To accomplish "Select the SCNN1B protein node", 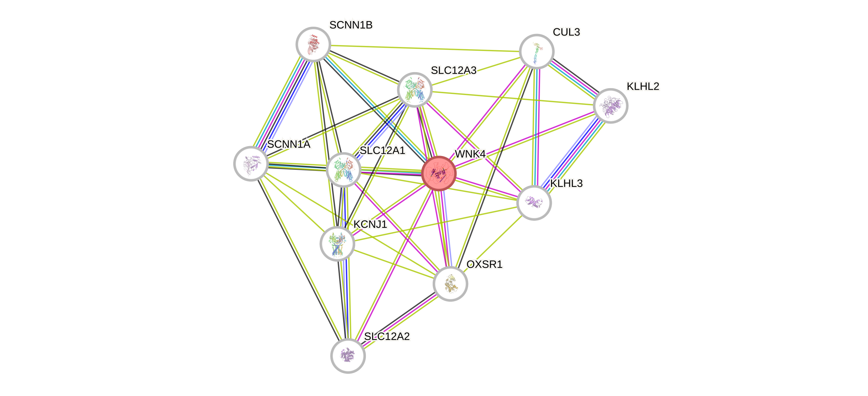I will pos(313,44).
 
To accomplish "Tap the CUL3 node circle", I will pos(537,51).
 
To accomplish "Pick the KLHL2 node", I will pos(610,106).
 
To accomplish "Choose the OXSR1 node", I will pos(450,284).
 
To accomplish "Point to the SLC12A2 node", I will pos(348,356).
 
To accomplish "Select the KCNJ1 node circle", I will pos(337,244).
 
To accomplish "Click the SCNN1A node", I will pos(251,163).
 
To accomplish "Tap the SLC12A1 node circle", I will pos(343,170).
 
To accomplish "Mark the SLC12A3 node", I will pos(415,90).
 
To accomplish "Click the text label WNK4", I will pos(470,154).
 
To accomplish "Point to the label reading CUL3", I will pos(566,32).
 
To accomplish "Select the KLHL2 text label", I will pos(643,86).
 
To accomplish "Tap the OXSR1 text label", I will pos(484,265).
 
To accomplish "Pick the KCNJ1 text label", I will pos(370,224).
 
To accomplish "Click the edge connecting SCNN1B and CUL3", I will pos(425,48).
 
